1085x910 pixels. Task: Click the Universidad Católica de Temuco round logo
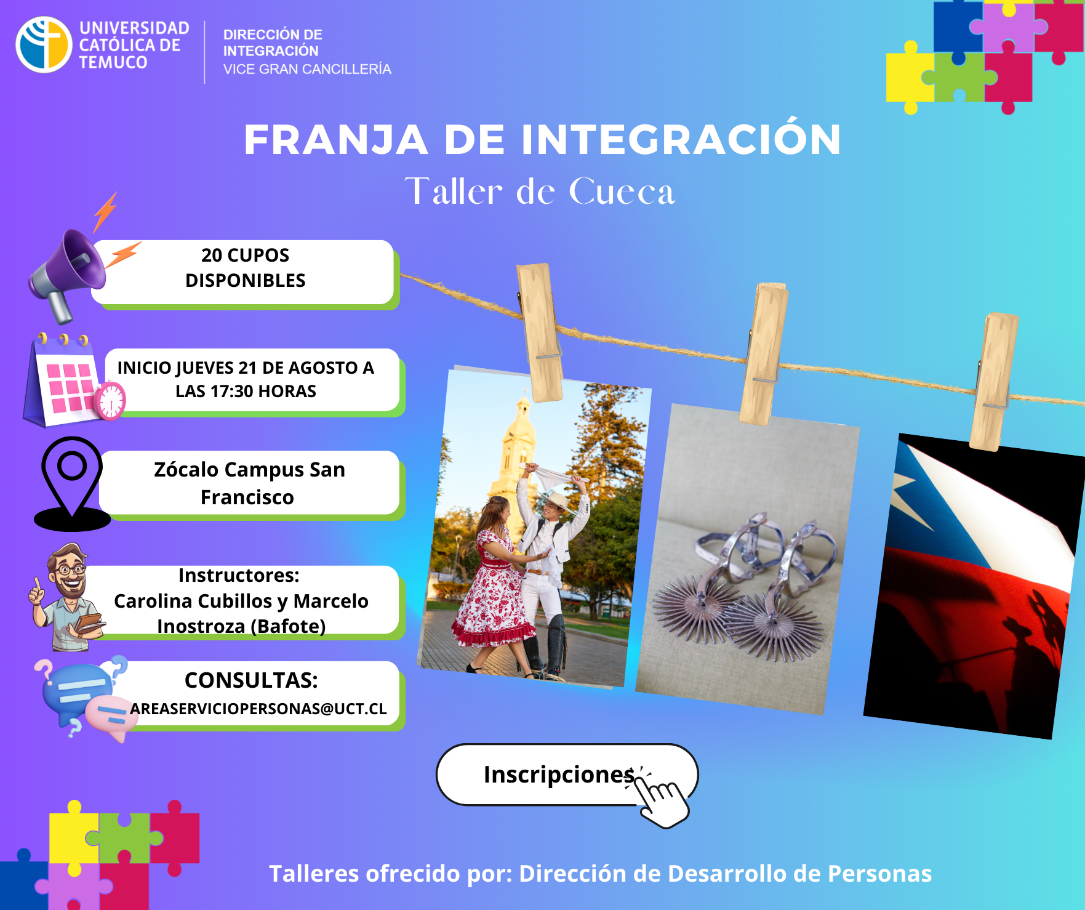click(x=44, y=45)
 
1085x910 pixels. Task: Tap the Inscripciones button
click(x=567, y=775)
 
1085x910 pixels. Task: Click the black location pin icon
click(x=72, y=483)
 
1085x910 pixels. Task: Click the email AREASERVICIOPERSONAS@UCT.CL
click(x=258, y=709)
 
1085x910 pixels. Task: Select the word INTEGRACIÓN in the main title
click(x=681, y=139)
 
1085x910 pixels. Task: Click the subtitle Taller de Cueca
click(x=540, y=191)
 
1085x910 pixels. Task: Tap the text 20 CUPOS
click(x=245, y=255)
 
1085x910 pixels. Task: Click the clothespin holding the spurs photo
click(x=764, y=353)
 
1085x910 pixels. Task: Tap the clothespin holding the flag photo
click(x=992, y=382)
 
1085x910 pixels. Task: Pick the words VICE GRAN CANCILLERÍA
click(x=307, y=69)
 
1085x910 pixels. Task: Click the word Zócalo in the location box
click(x=186, y=470)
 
